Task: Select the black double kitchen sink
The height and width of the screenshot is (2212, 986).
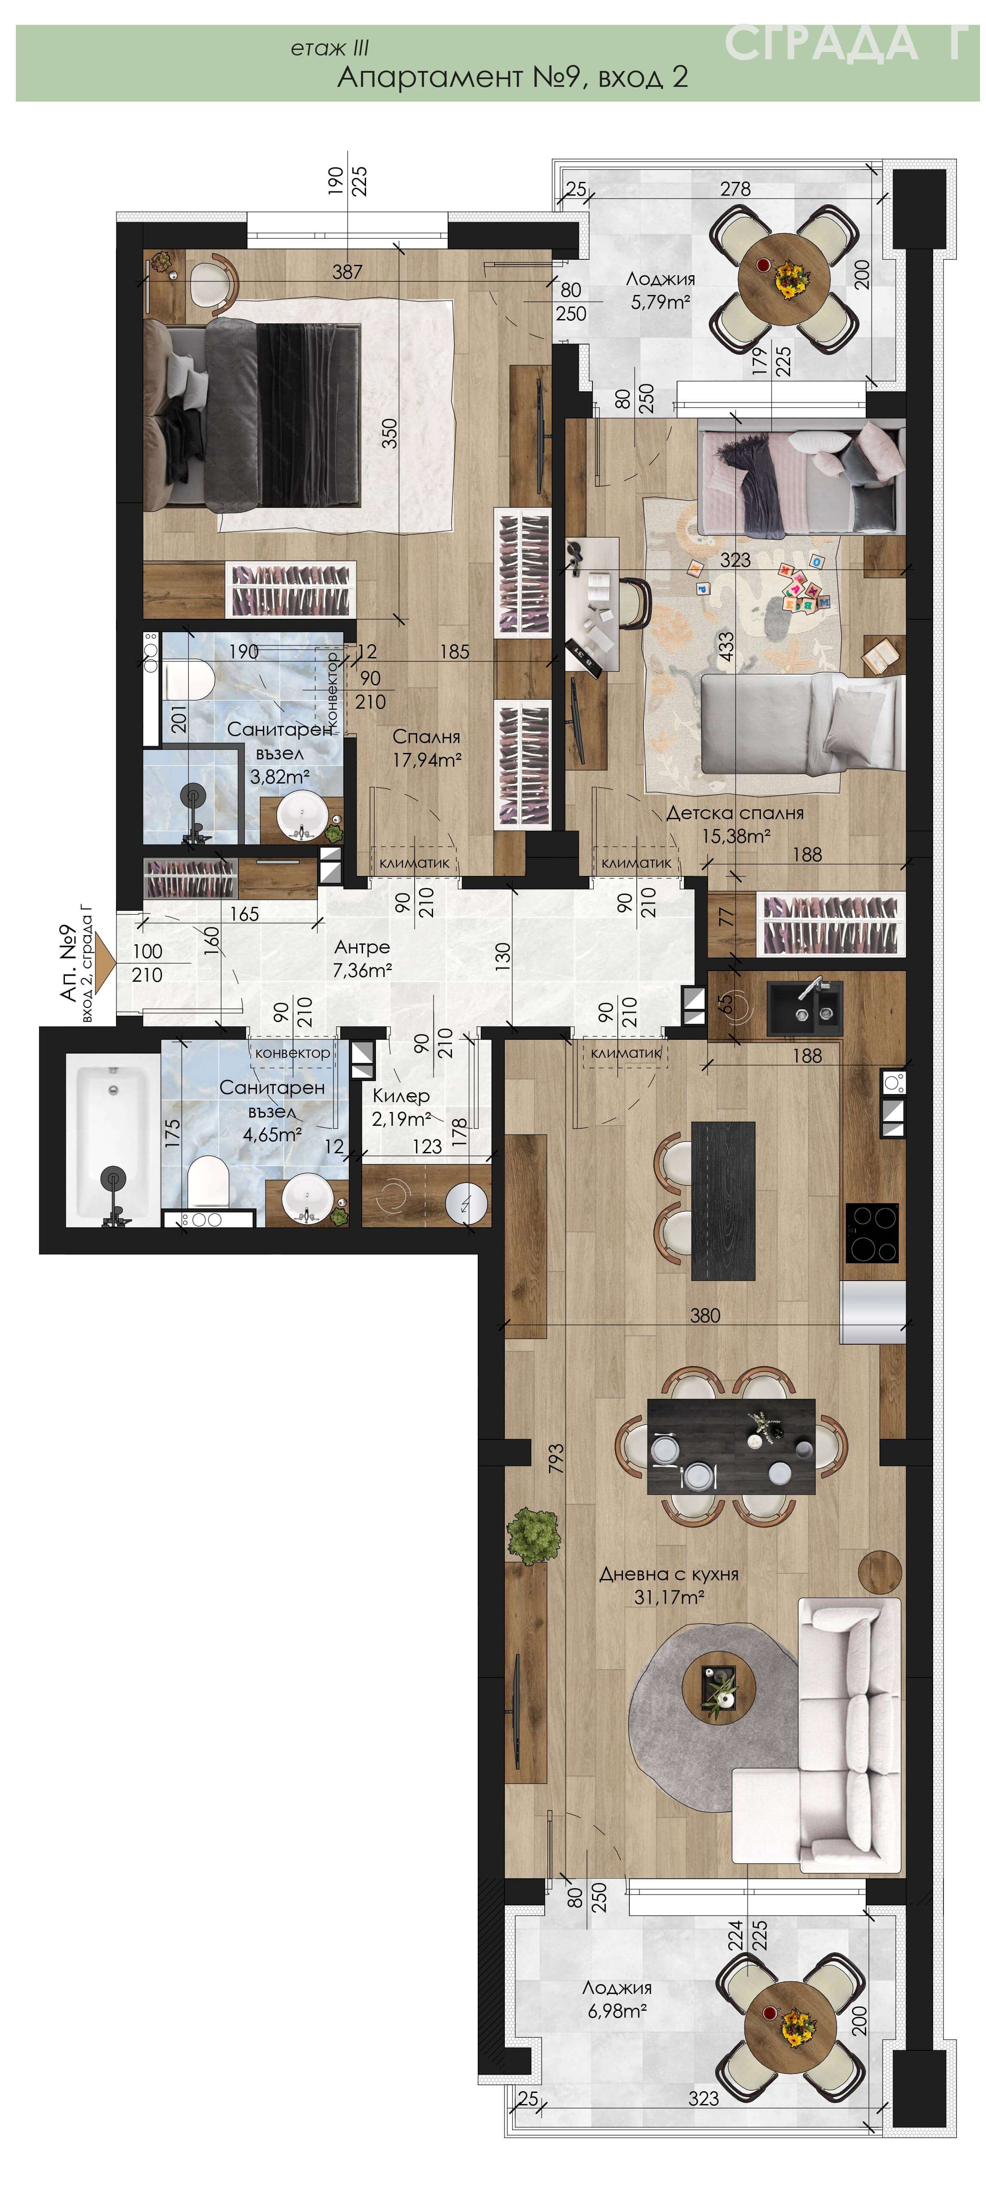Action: coord(804,1005)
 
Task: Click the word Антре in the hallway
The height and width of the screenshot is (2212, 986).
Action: coord(362,946)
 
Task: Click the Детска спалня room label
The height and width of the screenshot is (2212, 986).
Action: coord(735,812)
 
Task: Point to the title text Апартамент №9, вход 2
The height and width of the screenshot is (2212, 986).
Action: coord(512,77)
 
